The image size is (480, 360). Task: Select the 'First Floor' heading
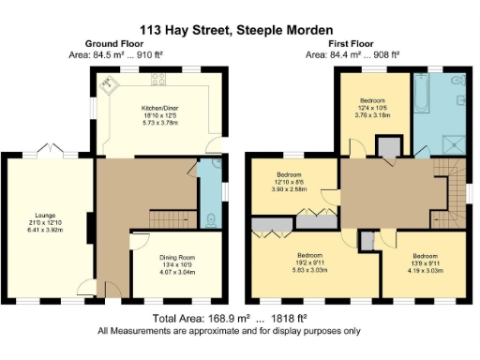click(x=352, y=44)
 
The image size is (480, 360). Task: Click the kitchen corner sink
click(x=111, y=84)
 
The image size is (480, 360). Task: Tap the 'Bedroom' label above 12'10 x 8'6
click(x=289, y=174)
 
